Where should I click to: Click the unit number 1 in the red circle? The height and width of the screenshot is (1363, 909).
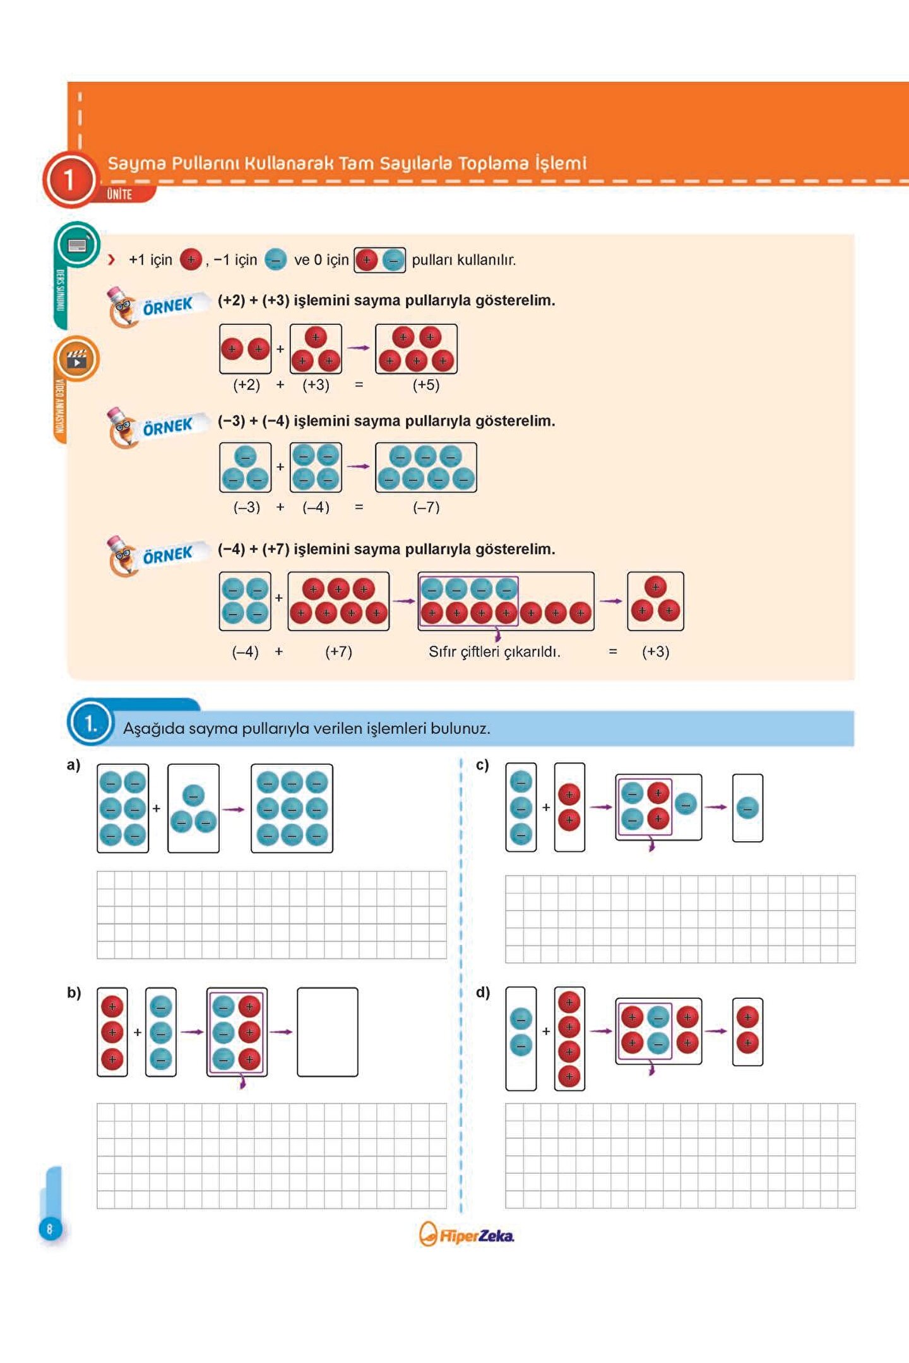tap(69, 180)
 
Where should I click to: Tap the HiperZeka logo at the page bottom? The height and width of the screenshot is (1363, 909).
tap(467, 1235)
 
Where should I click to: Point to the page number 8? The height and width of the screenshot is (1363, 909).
tap(50, 1229)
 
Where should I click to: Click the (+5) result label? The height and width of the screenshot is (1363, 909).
tap(426, 385)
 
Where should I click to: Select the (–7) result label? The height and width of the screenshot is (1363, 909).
tap(426, 507)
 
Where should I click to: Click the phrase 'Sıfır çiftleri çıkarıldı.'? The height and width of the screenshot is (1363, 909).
tap(494, 652)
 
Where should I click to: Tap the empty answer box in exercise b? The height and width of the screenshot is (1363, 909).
tap(327, 1032)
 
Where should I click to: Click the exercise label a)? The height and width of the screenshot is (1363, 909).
tap(73, 765)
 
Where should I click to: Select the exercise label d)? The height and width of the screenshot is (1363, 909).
tap(482, 993)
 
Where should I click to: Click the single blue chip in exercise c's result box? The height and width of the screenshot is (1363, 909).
tap(747, 808)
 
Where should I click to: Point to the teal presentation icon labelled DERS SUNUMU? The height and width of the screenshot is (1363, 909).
tap(77, 245)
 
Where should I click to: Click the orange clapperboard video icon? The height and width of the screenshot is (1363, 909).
tap(77, 359)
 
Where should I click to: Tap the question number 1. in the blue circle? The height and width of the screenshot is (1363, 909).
tap(91, 723)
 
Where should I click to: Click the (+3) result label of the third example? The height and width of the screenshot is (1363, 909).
tap(655, 652)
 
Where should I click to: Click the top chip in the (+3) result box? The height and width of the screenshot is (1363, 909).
tap(655, 587)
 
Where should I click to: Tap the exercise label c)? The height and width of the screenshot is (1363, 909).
tap(482, 765)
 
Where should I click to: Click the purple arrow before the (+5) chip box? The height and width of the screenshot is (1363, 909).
tap(359, 348)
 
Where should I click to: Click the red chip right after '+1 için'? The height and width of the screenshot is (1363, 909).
tap(191, 259)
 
